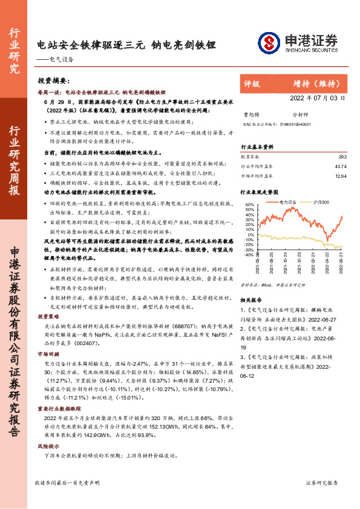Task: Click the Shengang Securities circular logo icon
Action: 267,42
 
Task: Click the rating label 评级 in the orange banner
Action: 252,84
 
